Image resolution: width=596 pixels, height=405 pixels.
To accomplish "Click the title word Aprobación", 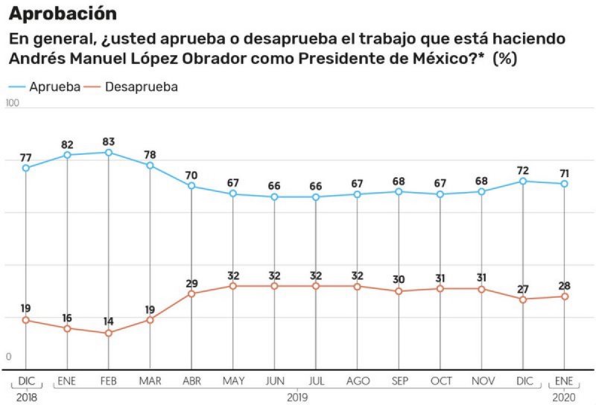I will pos(63,13).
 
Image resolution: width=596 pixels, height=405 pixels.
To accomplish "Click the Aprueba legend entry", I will pos(54,87).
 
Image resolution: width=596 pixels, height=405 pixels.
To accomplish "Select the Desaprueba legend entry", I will pos(141,87).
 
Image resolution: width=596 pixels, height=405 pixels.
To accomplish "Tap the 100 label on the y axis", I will pos(12,103).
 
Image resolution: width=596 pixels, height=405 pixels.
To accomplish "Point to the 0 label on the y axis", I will pos(9,357).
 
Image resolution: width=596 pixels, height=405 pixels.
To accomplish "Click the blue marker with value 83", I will pos(109,153).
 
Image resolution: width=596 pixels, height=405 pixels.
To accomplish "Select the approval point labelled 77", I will pos(26,168).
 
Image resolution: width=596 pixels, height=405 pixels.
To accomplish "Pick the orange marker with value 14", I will pos(109,333).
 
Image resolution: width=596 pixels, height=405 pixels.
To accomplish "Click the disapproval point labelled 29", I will pos(191,293).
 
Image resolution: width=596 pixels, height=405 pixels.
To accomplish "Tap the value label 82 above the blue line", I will pos(68,144).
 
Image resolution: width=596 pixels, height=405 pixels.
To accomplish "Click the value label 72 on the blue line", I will pos(523,170).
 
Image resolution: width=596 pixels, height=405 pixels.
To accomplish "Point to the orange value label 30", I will pos(399,279).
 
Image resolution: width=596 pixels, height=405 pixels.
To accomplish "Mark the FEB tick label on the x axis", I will pos(109,381).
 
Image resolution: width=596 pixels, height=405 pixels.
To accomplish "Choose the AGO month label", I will pos(358,381).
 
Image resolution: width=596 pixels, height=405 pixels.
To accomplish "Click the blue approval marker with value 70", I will pos(191,185).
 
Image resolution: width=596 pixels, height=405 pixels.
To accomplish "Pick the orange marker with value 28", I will pos(565,296).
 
